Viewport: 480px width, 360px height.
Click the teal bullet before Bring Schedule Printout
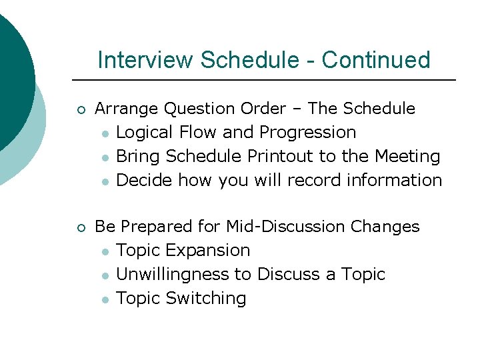pos(105,157)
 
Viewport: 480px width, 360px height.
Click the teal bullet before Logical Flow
pos(105,133)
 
